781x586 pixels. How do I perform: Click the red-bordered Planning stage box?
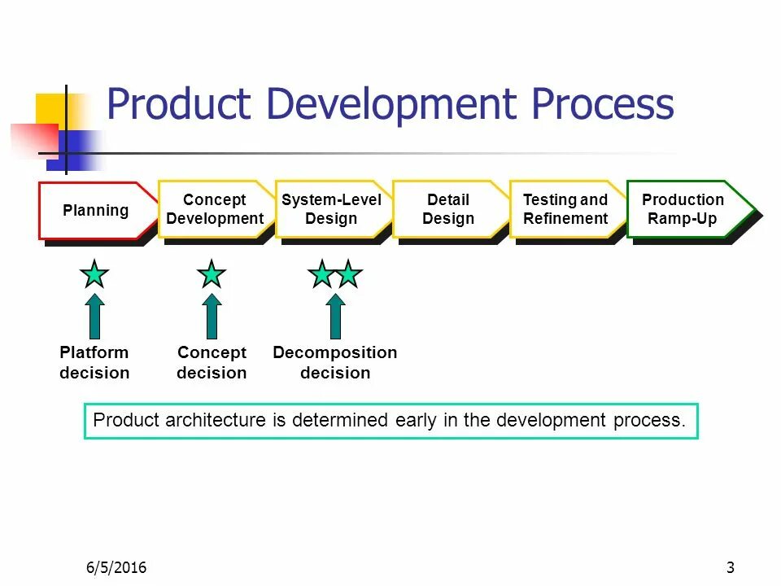point(96,210)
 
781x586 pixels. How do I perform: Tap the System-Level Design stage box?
point(331,209)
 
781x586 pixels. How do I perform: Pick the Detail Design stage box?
point(448,209)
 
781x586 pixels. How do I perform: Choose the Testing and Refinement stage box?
point(565,209)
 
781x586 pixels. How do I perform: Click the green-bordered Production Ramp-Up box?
point(683,209)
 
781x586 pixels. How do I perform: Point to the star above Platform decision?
point(95,274)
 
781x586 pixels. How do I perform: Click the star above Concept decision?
point(212,274)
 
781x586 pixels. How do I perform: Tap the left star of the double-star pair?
point(322,274)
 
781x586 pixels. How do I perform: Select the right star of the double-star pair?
point(348,274)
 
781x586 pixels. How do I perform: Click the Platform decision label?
point(94,363)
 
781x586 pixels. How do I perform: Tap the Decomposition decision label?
point(335,363)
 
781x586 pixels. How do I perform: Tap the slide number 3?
point(730,567)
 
